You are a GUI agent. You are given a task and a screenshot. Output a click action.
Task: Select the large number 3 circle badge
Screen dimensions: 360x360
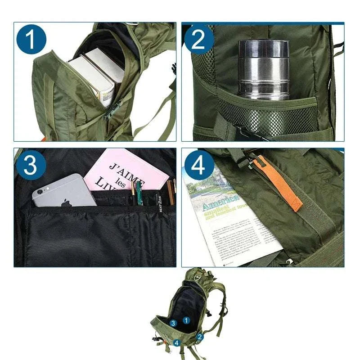pos(31,165)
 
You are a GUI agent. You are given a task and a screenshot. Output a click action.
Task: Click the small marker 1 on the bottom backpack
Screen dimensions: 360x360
pos(186,320)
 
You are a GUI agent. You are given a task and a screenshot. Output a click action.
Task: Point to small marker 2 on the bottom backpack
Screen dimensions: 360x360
pos(200,336)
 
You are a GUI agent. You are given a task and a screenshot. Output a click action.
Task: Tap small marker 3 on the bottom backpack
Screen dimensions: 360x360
pos(173,323)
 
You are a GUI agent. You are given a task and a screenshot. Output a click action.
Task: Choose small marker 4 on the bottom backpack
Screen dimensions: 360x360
pos(177,343)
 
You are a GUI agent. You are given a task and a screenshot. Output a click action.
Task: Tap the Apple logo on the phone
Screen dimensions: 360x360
pos(67,202)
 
